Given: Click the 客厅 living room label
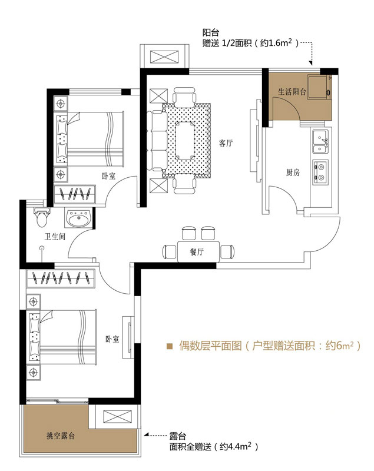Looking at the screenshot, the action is pyautogui.click(x=226, y=143).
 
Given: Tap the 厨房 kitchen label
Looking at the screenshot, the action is pyautogui.click(x=293, y=173).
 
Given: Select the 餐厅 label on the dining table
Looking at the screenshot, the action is pyautogui.click(x=197, y=252).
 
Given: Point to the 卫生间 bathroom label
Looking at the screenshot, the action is pyautogui.click(x=55, y=237).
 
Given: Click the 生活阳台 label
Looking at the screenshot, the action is pyautogui.click(x=292, y=92).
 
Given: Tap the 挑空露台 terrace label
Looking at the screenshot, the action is pyautogui.click(x=61, y=436).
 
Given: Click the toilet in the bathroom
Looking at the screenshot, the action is pyautogui.click(x=42, y=217).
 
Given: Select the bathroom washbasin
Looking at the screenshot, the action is pyautogui.click(x=78, y=218).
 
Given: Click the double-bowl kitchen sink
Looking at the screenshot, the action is pyautogui.click(x=320, y=141).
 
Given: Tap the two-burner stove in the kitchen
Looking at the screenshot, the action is pyautogui.click(x=320, y=173).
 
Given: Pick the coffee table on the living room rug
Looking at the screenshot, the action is pyautogui.click(x=185, y=140).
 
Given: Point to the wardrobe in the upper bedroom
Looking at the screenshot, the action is pyautogui.click(x=74, y=194).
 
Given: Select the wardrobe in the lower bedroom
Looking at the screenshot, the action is pyautogui.click(x=61, y=278).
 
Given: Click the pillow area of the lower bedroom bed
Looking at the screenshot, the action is pyautogui.click(x=35, y=337).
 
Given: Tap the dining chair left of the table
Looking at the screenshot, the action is pyautogui.click(x=170, y=252).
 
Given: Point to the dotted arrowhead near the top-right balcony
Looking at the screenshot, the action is pyautogui.click(x=311, y=63).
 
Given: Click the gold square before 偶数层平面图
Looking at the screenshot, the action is pyautogui.click(x=170, y=346).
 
